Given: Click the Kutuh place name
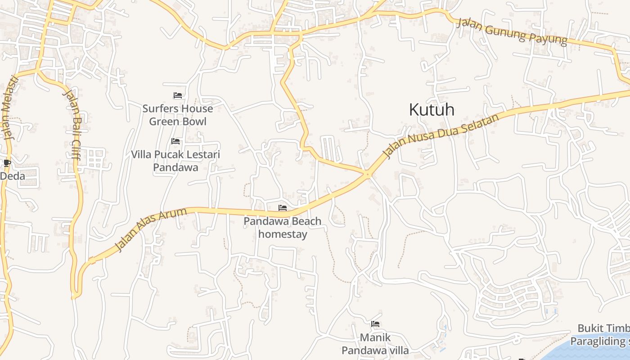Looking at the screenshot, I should [x=432, y=109].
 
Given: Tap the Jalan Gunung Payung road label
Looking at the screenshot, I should [x=512, y=31].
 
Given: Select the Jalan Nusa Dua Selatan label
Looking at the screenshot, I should [x=441, y=135].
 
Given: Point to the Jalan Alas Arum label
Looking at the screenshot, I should [x=151, y=229].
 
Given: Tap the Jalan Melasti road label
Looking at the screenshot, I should [x=10, y=108].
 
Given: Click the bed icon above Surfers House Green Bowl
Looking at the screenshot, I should [x=178, y=95].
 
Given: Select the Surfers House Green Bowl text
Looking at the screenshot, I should [x=178, y=115].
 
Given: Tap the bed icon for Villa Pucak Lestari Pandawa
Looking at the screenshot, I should [x=175, y=141].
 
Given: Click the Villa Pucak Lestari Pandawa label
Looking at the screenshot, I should [x=175, y=161].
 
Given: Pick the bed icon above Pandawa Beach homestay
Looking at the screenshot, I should [x=283, y=208].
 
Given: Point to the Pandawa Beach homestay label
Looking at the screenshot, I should [x=283, y=228].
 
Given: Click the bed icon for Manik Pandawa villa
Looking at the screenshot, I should [x=375, y=324].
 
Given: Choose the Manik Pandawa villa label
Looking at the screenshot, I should [x=375, y=344].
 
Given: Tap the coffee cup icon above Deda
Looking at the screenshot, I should [x=7, y=162].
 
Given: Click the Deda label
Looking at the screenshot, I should [x=12, y=176].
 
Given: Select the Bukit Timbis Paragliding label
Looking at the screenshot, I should [x=601, y=335].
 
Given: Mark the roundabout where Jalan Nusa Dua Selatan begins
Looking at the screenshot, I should [x=368, y=174].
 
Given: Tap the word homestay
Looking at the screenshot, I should [x=283, y=234].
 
